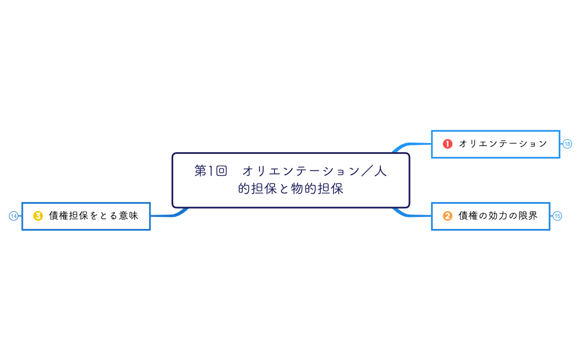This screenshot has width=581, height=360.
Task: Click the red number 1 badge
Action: pos(448,144)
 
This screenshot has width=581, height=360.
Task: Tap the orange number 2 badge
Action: pos(448,216)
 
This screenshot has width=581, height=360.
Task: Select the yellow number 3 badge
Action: pos(38,216)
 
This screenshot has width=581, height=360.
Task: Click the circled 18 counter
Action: pos(567,144)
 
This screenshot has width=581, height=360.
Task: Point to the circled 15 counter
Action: pos(558,216)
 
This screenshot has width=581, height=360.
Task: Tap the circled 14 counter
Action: pos(14,216)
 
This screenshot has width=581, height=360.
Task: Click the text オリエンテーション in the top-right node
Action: pos(503,144)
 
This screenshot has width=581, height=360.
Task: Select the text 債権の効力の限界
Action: pos(498,216)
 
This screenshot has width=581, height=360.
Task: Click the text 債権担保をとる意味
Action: pos(94,216)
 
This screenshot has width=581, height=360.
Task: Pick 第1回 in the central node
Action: pos(210,171)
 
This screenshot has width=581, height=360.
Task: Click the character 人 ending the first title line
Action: pos(380,171)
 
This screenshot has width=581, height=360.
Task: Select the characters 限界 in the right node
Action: pos(528,216)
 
